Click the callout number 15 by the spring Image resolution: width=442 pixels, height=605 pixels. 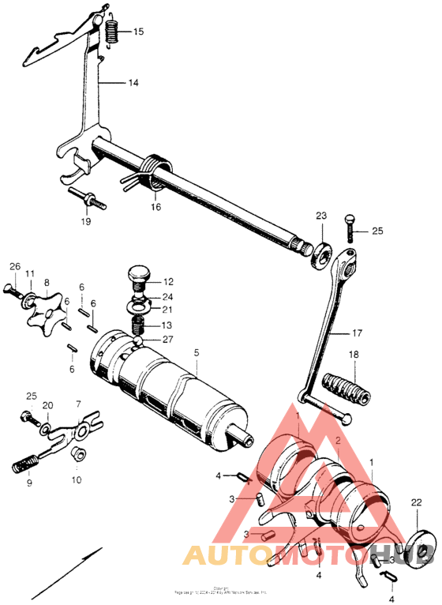pyautogui.click(x=138, y=32)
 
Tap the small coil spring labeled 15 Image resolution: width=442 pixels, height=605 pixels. pyautogui.click(x=112, y=32)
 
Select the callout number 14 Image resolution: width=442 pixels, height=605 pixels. pyautogui.click(x=133, y=82)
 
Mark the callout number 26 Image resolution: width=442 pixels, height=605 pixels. pyautogui.click(x=13, y=267)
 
